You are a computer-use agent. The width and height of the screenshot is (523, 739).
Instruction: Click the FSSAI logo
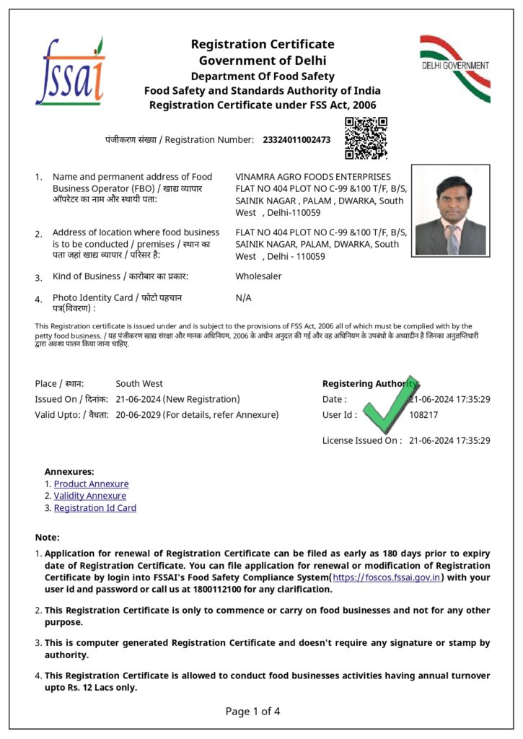point(70,72)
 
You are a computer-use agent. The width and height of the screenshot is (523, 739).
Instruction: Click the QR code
point(366,138)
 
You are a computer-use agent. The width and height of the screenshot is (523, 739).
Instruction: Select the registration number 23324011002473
point(296,139)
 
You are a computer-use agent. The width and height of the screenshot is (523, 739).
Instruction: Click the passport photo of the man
point(450,211)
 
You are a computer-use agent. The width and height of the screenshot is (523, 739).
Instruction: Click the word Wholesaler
point(258,276)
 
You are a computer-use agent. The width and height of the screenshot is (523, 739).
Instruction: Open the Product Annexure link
point(91,484)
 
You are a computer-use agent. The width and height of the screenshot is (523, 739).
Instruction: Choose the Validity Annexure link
point(89,496)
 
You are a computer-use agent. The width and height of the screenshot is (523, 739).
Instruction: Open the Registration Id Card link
point(95,508)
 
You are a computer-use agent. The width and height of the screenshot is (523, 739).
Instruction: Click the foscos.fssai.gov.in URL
point(387,577)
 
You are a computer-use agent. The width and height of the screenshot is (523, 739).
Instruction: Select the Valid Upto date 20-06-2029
point(139,415)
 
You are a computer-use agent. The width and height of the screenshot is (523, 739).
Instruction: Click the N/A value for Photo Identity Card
point(243,297)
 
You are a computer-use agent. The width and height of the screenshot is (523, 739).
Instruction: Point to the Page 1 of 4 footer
point(252,712)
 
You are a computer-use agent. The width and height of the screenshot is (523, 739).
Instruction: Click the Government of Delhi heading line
point(263,60)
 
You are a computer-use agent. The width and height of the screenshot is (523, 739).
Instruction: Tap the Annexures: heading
point(69,471)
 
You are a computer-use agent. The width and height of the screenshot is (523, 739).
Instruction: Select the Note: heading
point(48,537)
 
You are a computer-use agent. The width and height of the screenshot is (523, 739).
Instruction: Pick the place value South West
point(139,384)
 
